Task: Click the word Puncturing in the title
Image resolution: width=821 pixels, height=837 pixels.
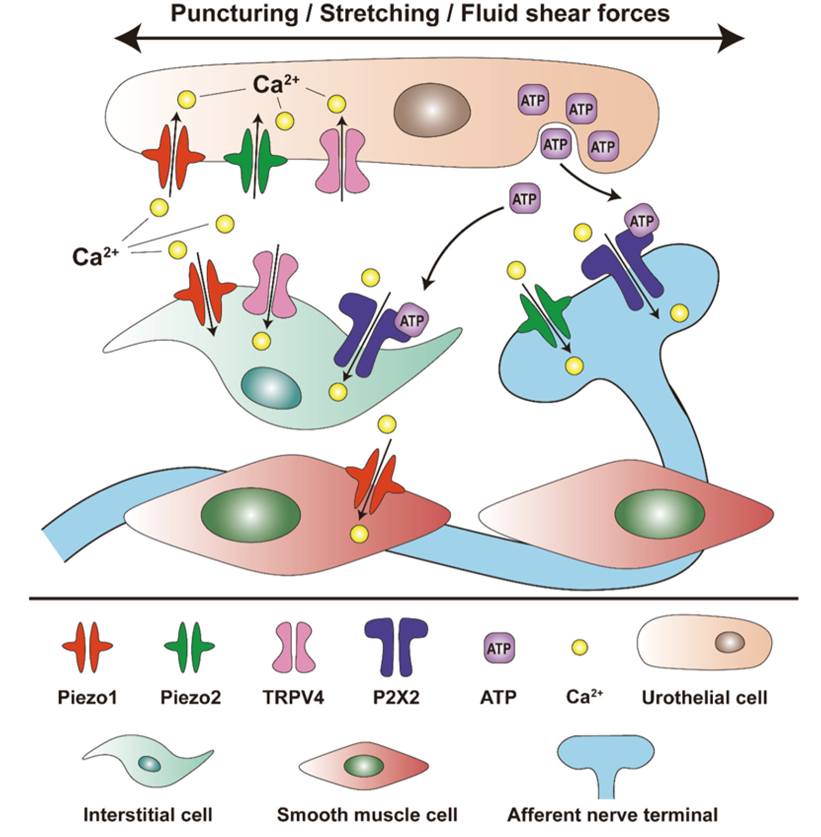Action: (x=234, y=14)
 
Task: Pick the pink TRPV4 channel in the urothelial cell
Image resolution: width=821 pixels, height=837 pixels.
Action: (x=342, y=161)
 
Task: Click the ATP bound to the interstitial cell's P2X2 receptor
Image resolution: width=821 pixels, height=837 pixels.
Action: (x=412, y=320)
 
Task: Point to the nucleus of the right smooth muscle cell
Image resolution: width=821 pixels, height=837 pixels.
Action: (x=659, y=514)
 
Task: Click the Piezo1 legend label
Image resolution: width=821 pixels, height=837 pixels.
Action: (x=87, y=697)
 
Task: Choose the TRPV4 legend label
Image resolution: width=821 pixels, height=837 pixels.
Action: (x=293, y=697)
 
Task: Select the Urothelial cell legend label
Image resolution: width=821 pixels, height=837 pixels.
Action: (x=704, y=697)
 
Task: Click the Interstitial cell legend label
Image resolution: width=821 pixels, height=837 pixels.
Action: (x=148, y=814)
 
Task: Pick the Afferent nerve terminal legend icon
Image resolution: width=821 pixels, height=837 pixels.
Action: (x=605, y=764)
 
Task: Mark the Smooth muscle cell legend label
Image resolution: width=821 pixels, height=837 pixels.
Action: (x=367, y=814)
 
